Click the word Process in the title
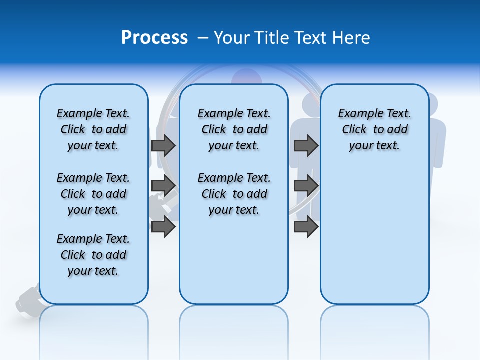154,38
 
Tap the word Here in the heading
349,38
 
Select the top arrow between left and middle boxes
163,145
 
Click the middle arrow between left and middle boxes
163,186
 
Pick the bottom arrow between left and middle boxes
163,226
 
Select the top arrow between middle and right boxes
306,145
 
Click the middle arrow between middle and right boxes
306,186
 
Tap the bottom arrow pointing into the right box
306,226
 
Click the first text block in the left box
93,129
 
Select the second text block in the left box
93,194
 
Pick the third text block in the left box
93,255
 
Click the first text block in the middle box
234,129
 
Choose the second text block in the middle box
234,194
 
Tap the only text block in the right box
374,129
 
